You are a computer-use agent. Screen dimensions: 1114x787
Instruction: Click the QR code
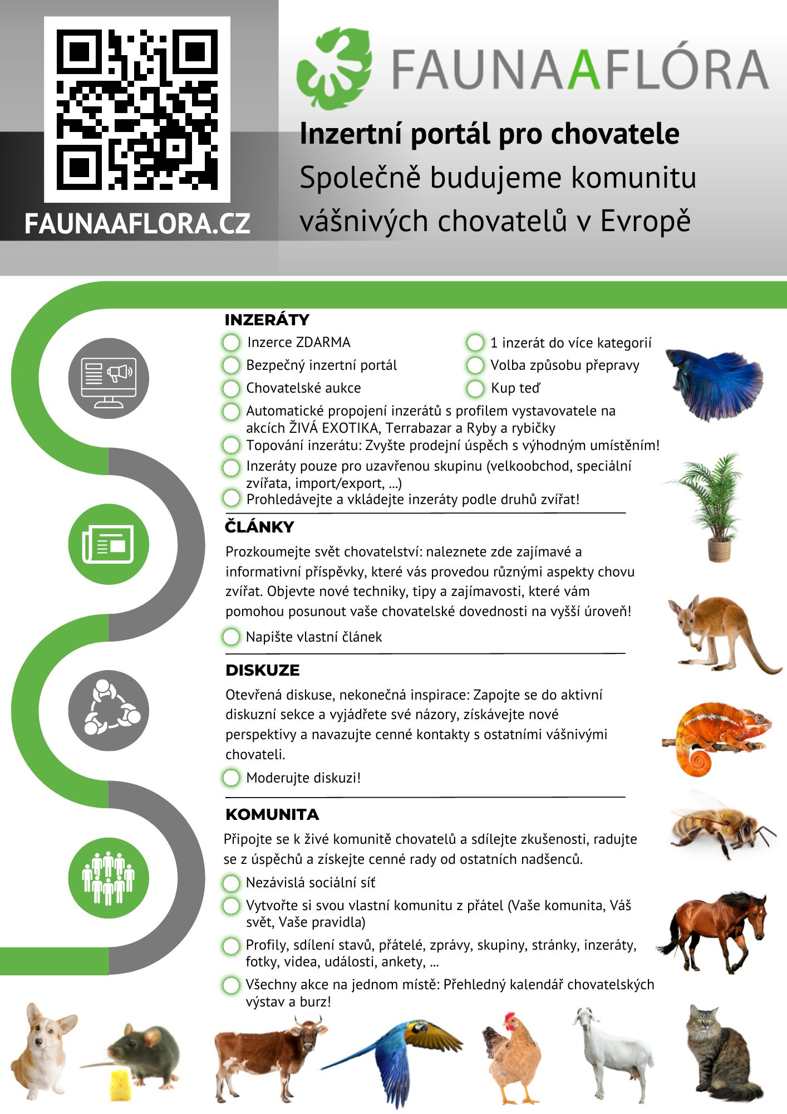click(x=137, y=109)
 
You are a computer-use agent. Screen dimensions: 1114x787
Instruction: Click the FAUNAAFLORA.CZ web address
click(x=137, y=224)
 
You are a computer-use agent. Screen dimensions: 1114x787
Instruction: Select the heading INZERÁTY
click(x=267, y=320)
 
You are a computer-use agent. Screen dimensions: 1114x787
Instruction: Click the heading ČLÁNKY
click(x=259, y=527)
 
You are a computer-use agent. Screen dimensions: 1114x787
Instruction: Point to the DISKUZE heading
click(x=262, y=670)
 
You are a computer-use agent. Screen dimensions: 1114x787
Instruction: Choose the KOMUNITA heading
click(x=272, y=814)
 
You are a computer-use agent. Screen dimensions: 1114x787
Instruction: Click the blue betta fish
click(x=715, y=382)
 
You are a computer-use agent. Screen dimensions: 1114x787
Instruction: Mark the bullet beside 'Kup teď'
click(x=475, y=388)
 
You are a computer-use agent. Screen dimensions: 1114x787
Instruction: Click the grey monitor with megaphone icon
click(x=109, y=378)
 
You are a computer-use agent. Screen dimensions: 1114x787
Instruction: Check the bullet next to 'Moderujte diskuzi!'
click(x=231, y=778)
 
